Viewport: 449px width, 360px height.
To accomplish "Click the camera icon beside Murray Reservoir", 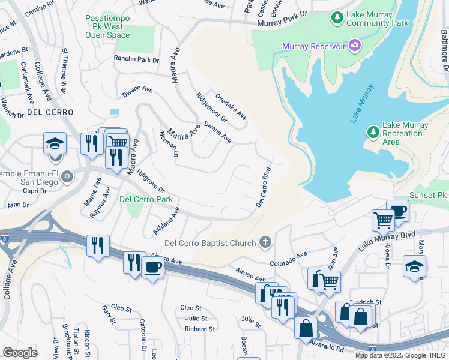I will tap(355, 46).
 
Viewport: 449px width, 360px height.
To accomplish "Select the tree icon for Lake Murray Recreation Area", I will tap(373, 131).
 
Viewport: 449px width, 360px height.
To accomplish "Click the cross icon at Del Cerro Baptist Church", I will tap(264, 242).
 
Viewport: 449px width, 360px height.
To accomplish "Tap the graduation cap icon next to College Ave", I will tap(55, 144).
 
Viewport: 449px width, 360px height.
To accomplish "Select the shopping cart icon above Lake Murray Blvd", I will tap(382, 220).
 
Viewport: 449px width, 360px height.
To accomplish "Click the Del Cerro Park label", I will tap(146, 199).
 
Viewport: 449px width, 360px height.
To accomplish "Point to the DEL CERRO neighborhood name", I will tap(50, 112).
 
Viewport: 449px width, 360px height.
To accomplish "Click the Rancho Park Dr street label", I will tap(137, 60).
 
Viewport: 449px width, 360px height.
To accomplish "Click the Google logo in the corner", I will tap(20, 352).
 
